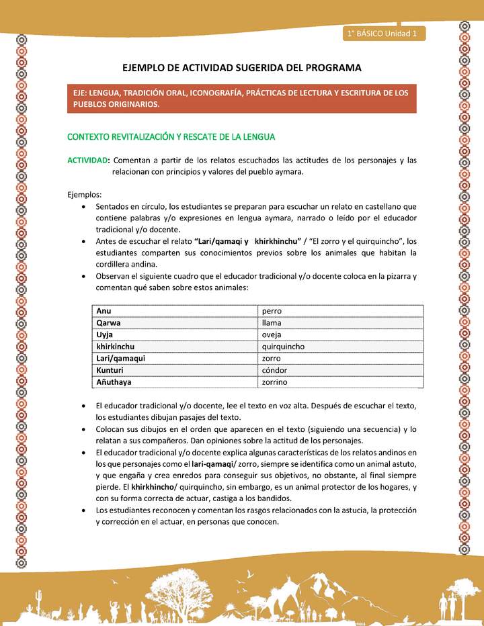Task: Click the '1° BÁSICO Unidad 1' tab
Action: pyautogui.click(x=382, y=33)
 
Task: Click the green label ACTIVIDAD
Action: pyautogui.click(x=87, y=161)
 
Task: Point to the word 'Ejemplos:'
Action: pyautogui.click(x=84, y=194)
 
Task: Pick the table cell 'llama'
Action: pyautogui.click(x=272, y=323)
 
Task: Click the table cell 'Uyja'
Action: pyautogui.click(x=104, y=334)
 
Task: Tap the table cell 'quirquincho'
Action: pyautogui.click(x=284, y=347)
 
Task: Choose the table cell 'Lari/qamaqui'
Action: pyautogui.click(x=121, y=359)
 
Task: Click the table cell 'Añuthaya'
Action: pyautogui.click(x=114, y=382)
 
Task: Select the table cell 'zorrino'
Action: pyautogui.click(x=275, y=382)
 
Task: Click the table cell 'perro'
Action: pyautogui.click(x=272, y=311)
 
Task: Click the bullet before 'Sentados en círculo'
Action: pyautogui.click(x=83, y=207)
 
